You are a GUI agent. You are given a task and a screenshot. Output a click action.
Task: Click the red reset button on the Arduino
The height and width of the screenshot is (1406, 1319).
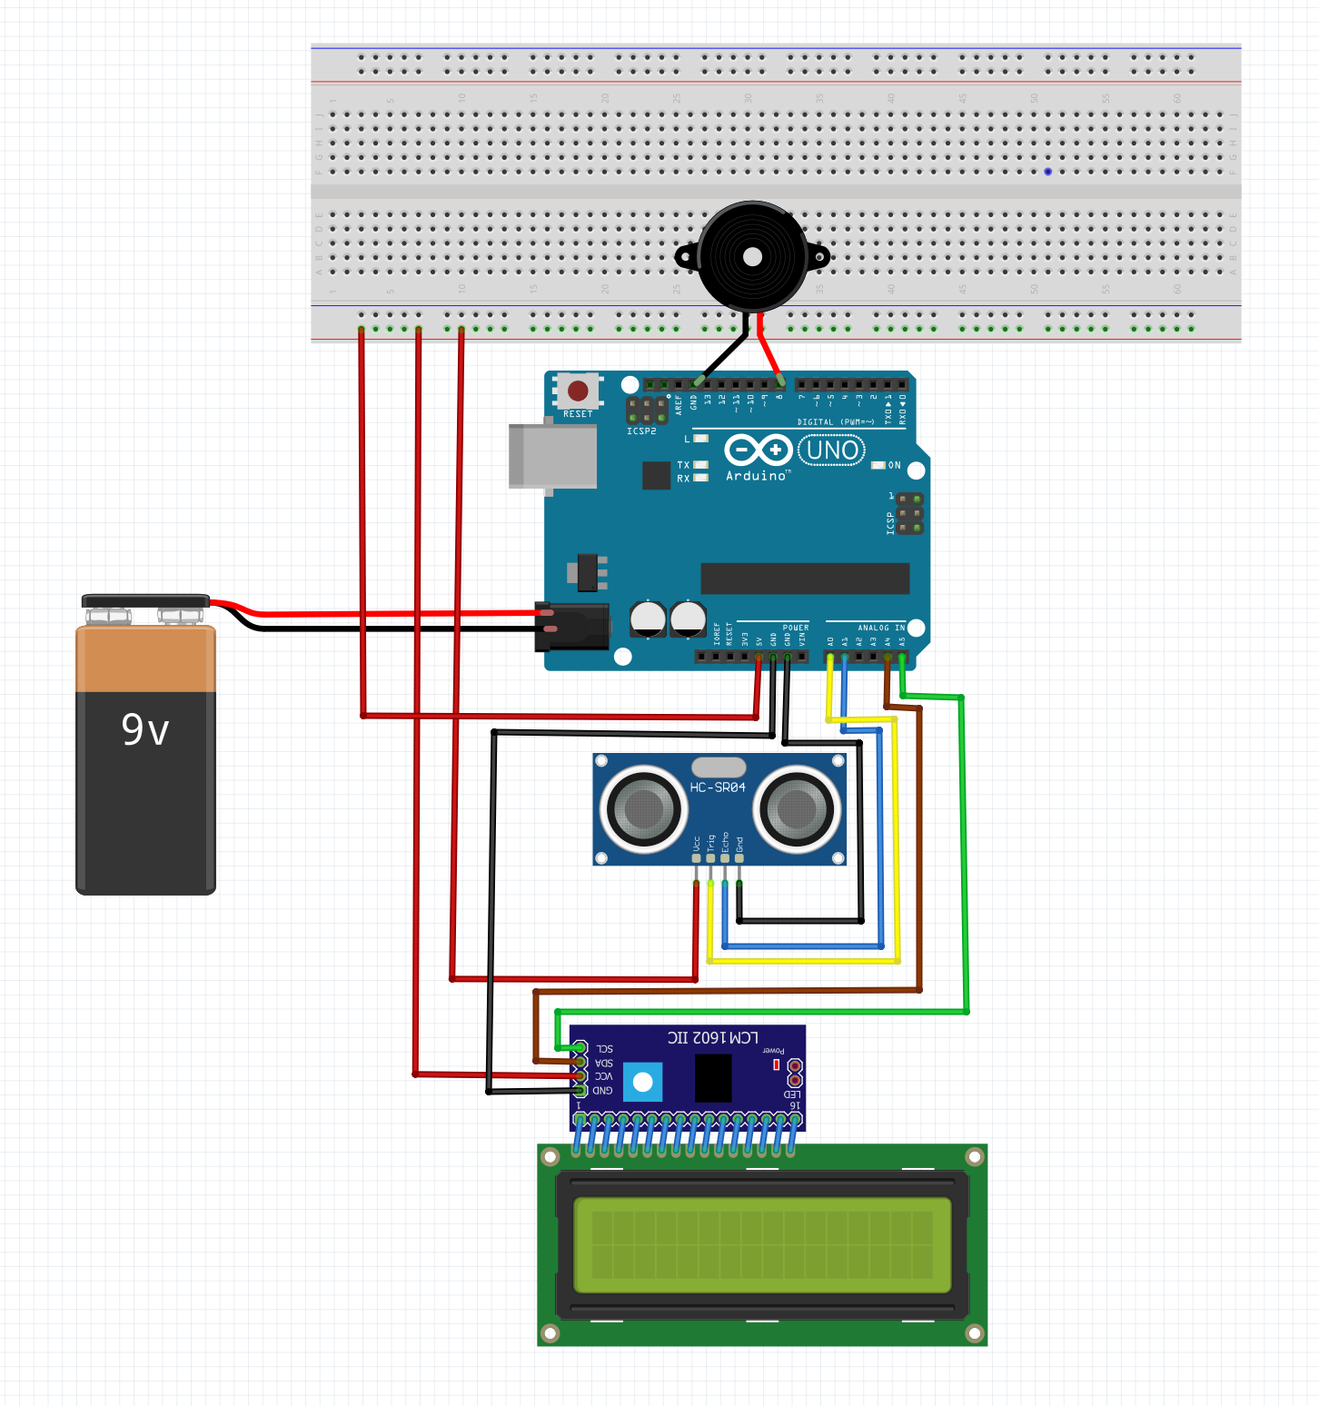tap(578, 391)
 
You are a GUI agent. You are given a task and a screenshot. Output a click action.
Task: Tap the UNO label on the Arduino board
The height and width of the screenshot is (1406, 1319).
tap(831, 451)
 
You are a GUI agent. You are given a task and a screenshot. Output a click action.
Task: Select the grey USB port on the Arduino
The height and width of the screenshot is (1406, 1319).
tap(552, 456)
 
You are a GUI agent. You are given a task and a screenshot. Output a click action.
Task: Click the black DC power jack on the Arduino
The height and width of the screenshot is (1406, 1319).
tap(572, 627)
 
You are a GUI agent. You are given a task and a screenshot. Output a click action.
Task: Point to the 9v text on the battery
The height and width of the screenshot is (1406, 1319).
tap(145, 730)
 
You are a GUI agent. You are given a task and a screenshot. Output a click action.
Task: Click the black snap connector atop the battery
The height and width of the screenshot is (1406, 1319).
tap(145, 601)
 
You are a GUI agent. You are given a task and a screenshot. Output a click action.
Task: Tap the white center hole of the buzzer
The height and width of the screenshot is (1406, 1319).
tap(752, 257)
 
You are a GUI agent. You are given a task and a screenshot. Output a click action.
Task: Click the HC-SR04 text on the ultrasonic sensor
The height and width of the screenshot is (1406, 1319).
tap(718, 787)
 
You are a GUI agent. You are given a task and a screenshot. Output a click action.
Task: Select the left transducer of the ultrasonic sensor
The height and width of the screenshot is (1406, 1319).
tap(644, 807)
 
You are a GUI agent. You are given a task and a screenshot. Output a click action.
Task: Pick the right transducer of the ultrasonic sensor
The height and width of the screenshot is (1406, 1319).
tap(797, 807)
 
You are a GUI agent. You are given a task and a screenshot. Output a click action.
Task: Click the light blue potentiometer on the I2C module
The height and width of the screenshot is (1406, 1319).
tap(643, 1082)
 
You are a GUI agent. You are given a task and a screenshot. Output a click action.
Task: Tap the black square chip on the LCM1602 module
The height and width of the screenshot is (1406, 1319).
tap(713, 1078)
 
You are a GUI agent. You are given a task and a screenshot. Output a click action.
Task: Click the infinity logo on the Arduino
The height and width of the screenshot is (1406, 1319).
tap(758, 450)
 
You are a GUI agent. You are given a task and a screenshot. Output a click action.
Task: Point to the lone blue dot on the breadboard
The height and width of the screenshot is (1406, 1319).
tap(1047, 172)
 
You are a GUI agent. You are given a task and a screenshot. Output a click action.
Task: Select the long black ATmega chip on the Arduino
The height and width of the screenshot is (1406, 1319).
tap(805, 579)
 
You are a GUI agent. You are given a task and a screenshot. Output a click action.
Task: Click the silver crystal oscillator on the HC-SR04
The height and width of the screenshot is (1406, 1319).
tap(719, 767)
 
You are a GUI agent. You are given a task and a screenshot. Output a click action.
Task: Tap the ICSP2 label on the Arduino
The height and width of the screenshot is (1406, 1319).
tap(641, 431)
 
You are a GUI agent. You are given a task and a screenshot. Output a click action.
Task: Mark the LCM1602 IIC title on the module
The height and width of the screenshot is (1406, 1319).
tap(713, 1037)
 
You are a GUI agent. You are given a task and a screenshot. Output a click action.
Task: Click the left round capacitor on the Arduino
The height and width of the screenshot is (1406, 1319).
tap(649, 619)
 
